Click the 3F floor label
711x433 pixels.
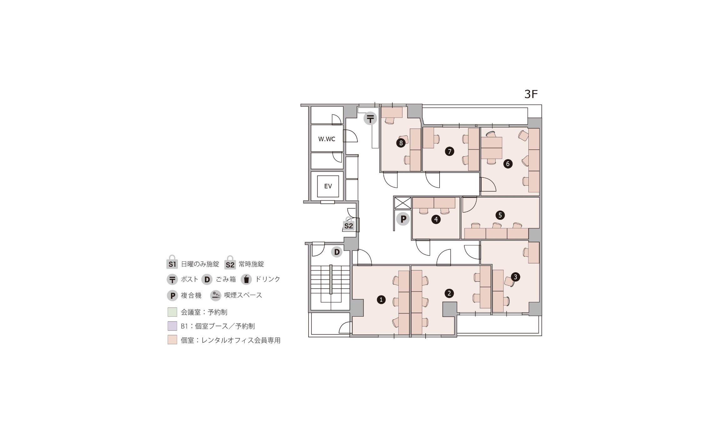pyautogui.click(x=531, y=94)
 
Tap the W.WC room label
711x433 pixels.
pyautogui.click(x=327, y=139)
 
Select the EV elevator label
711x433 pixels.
pyautogui.click(x=328, y=186)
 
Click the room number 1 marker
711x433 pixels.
pyautogui.click(x=381, y=300)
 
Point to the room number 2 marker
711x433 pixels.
pyautogui.click(x=449, y=293)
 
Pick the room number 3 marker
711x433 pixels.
pyautogui.click(x=515, y=277)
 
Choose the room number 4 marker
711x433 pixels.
pyautogui.click(x=436, y=219)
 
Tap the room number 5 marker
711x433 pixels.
pyautogui.click(x=500, y=215)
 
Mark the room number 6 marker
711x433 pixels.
pyautogui.click(x=507, y=164)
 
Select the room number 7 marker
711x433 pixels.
pyautogui.click(x=449, y=152)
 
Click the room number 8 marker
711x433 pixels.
pyautogui.click(x=401, y=143)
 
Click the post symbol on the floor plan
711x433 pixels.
pyautogui.click(x=371, y=119)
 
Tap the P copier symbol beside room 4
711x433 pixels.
pyautogui.click(x=403, y=219)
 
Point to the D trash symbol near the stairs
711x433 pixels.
pyautogui.click(x=337, y=252)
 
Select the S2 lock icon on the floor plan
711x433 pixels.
pyautogui.click(x=349, y=224)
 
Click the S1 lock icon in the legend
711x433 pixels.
pyautogui.click(x=172, y=262)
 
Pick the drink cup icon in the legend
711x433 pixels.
pyautogui.click(x=246, y=279)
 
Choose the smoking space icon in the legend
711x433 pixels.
pyautogui.click(x=216, y=295)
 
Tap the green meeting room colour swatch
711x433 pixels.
pyautogui.click(x=172, y=312)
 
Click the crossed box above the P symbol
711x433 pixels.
pyautogui.click(x=403, y=203)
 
